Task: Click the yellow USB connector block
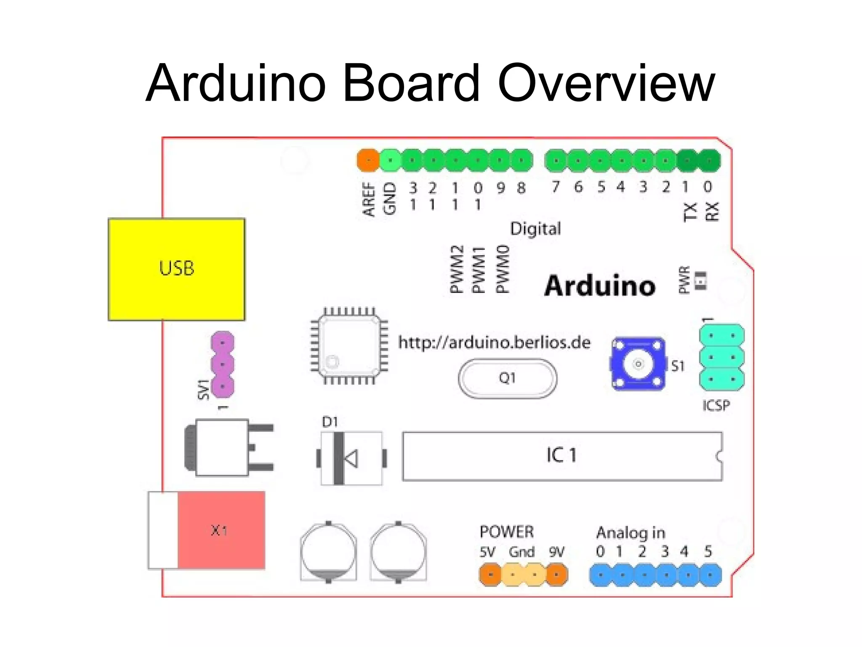[176, 269]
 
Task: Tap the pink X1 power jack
[221, 530]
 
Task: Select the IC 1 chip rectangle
[562, 456]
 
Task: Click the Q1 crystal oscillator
[507, 378]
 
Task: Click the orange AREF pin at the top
[368, 160]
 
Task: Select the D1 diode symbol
[351, 458]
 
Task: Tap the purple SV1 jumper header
[222, 364]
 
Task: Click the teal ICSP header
[721, 358]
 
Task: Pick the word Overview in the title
[606, 83]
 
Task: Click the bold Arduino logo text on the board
[600, 286]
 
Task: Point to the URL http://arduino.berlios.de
[494, 342]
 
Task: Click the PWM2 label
[457, 269]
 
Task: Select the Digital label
[535, 229]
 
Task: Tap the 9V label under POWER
[556, 552]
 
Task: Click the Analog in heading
[631, 533]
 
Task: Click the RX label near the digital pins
[712, 211]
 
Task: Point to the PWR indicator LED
[700, 281]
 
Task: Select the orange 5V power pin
[490, 575]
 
